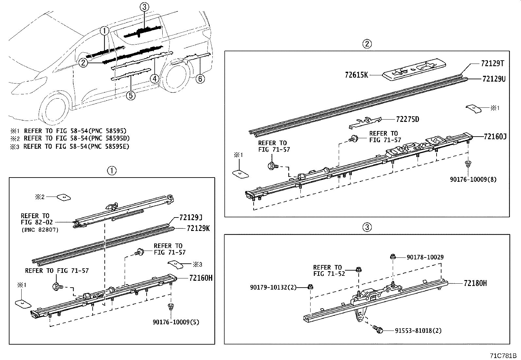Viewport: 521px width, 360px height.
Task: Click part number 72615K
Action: pyautogui.click(x=356, y=75)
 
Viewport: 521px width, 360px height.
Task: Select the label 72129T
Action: pyautogui.click(x=492, y=64)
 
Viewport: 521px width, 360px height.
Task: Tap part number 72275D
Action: pyautogui.click(x=407, y=119)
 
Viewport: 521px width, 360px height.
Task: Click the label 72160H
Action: pyautogui.click(x=201, y=278)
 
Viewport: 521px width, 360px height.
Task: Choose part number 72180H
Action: pyautogui.click(x=475, y=283)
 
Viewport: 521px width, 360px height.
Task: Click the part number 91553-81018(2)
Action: pyautogui.click(x=413, y=331)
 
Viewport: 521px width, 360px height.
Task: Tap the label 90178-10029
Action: pyautogui.click(x=425, y=257)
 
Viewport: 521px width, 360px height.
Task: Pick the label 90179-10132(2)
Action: pyautogui.click(x=273, y=287)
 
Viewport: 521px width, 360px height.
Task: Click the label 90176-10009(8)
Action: pyautogui.click(x=473, y=180)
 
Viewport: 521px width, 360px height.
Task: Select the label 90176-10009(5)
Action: pyautogui.click(x=176, y=322)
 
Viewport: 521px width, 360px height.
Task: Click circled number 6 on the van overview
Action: pyautogui.click(x=200, y=79)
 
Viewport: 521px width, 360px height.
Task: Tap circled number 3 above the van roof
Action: pyautogui.click(x=145, y=7)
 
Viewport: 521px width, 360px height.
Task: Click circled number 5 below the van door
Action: pyautogui.click(x=131, y=95)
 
